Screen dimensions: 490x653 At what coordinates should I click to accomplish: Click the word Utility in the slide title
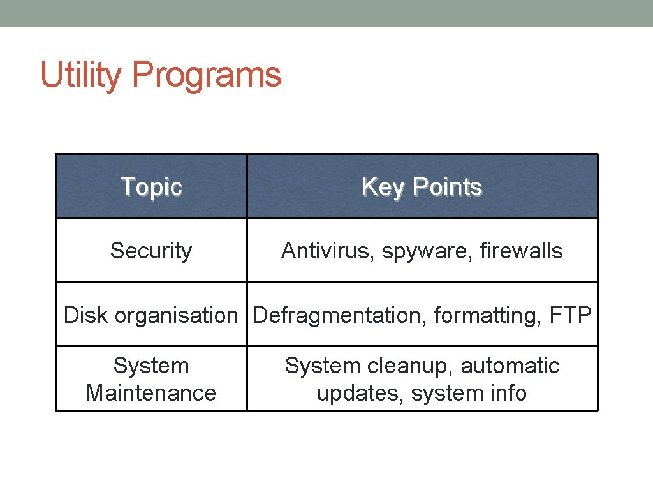[80, 75]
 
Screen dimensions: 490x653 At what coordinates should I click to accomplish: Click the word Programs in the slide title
[206, 75]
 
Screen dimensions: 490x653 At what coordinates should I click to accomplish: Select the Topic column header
[151, 187]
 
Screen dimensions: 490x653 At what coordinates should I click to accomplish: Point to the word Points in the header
[447, 187]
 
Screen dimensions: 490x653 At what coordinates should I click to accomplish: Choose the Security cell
[151, 251]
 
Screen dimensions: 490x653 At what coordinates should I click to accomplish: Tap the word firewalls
[523, 251]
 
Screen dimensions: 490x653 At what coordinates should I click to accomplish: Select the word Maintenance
[151, 393]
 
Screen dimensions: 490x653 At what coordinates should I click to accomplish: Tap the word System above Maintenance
[151, 366]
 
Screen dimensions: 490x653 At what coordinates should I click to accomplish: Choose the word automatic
[510, 366]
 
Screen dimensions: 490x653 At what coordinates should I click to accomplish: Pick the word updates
[360, 393]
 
